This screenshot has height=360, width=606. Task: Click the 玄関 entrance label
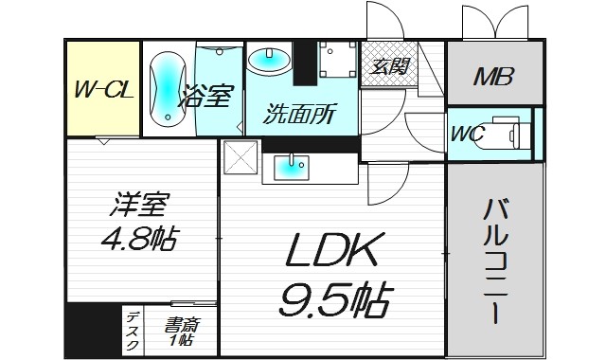385,66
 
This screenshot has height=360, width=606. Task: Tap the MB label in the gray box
493,75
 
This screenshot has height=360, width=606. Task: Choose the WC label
469,135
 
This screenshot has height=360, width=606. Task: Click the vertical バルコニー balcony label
494,260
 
